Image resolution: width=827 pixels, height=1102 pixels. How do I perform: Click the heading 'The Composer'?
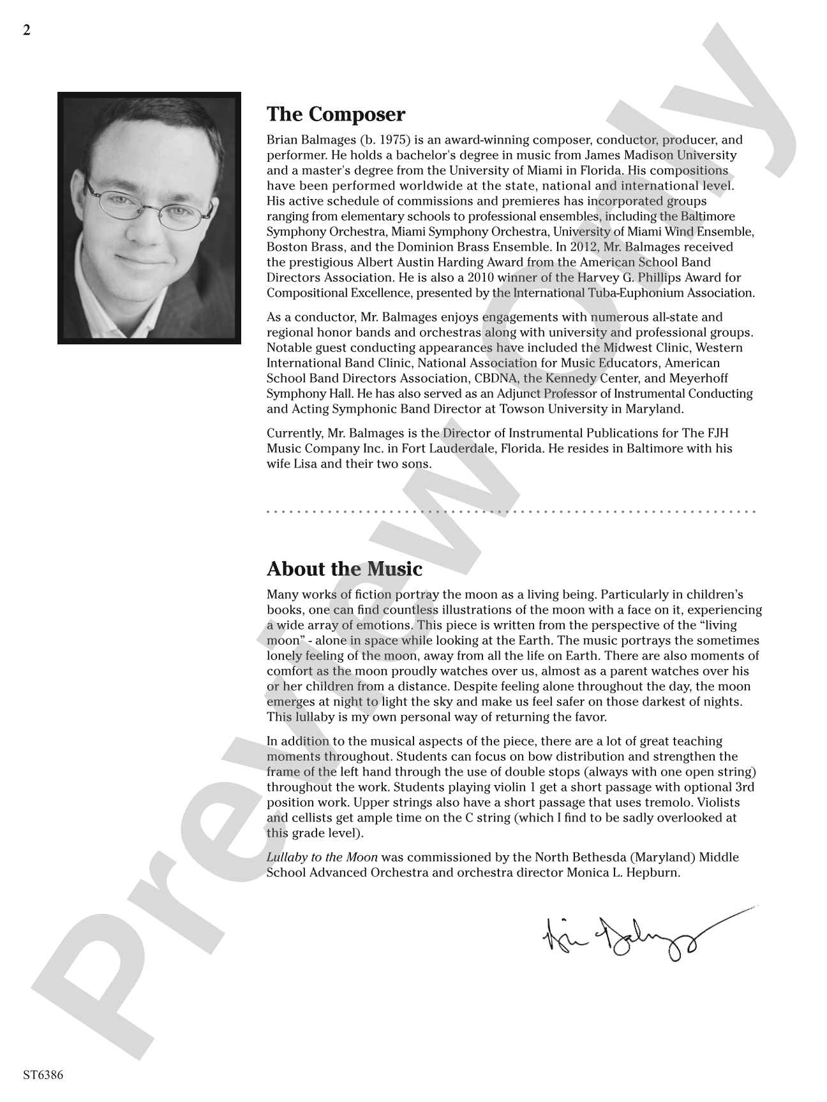(x=336, y=115)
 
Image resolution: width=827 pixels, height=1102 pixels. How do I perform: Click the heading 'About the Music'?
(x=344, y=569)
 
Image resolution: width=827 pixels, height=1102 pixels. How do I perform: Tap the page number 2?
(x=26, y=31)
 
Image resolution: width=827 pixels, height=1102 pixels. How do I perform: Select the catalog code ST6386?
(x=43, y=1075)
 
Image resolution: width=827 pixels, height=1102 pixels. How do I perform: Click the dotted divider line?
(x=510, y=511)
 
